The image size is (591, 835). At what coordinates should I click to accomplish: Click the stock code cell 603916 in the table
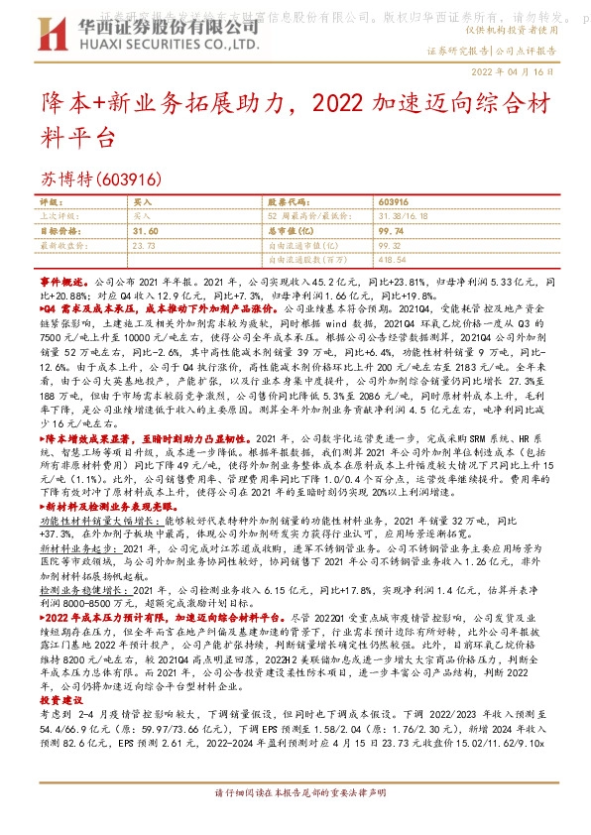point(394,200)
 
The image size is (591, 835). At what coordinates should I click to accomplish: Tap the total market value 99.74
point(394,228)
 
